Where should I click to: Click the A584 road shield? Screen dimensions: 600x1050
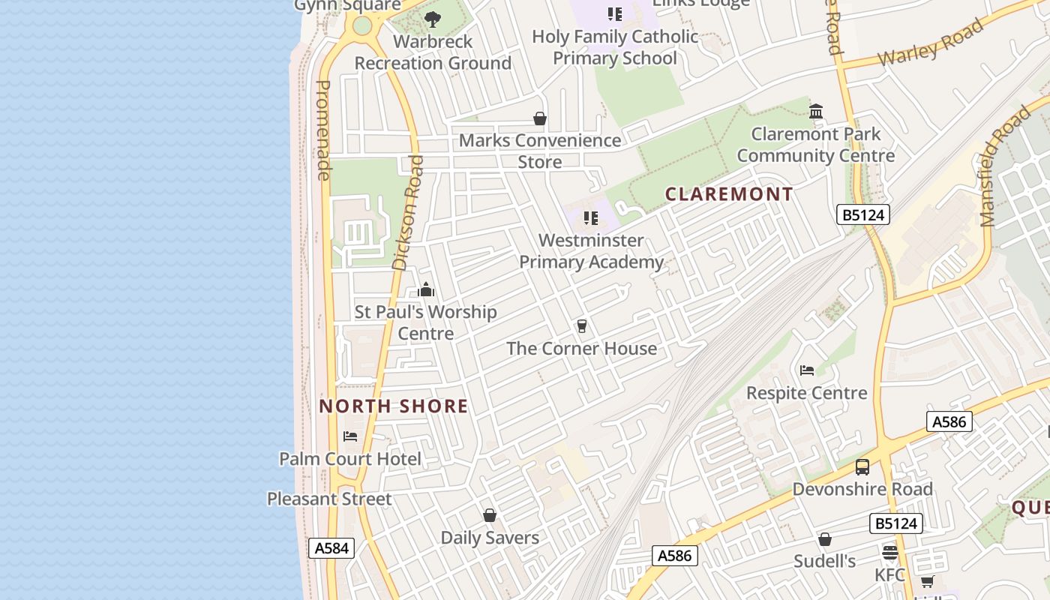coord(331,548)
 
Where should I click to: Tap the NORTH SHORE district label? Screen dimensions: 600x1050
coord(394,406)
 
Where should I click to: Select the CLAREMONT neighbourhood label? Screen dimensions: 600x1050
coord(729,194)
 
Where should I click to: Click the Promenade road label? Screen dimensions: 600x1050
coord(323,130)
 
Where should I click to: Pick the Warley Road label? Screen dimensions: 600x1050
coord(930,43)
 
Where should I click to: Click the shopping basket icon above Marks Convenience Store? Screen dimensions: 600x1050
coord(539,118)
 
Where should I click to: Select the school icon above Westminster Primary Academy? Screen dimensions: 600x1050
coord(591,218)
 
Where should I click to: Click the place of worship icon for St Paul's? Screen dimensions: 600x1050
coord(426,290)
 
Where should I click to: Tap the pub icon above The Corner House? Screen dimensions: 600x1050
coord(581,326)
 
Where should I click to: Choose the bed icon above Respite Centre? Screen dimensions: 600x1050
coord(807,370)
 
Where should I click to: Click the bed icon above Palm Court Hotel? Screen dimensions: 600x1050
coord(350,436)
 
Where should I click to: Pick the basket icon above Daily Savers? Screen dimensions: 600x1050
coord(490,515)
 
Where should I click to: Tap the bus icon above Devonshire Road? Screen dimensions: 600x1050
coord(862,467)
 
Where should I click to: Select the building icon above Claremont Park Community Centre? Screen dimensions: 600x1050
coord(816,112)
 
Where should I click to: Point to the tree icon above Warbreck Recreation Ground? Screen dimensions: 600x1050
coord(433,19)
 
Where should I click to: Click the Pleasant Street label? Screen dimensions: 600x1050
coord(329,499)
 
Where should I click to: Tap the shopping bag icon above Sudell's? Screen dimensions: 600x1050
coord(825,539)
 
